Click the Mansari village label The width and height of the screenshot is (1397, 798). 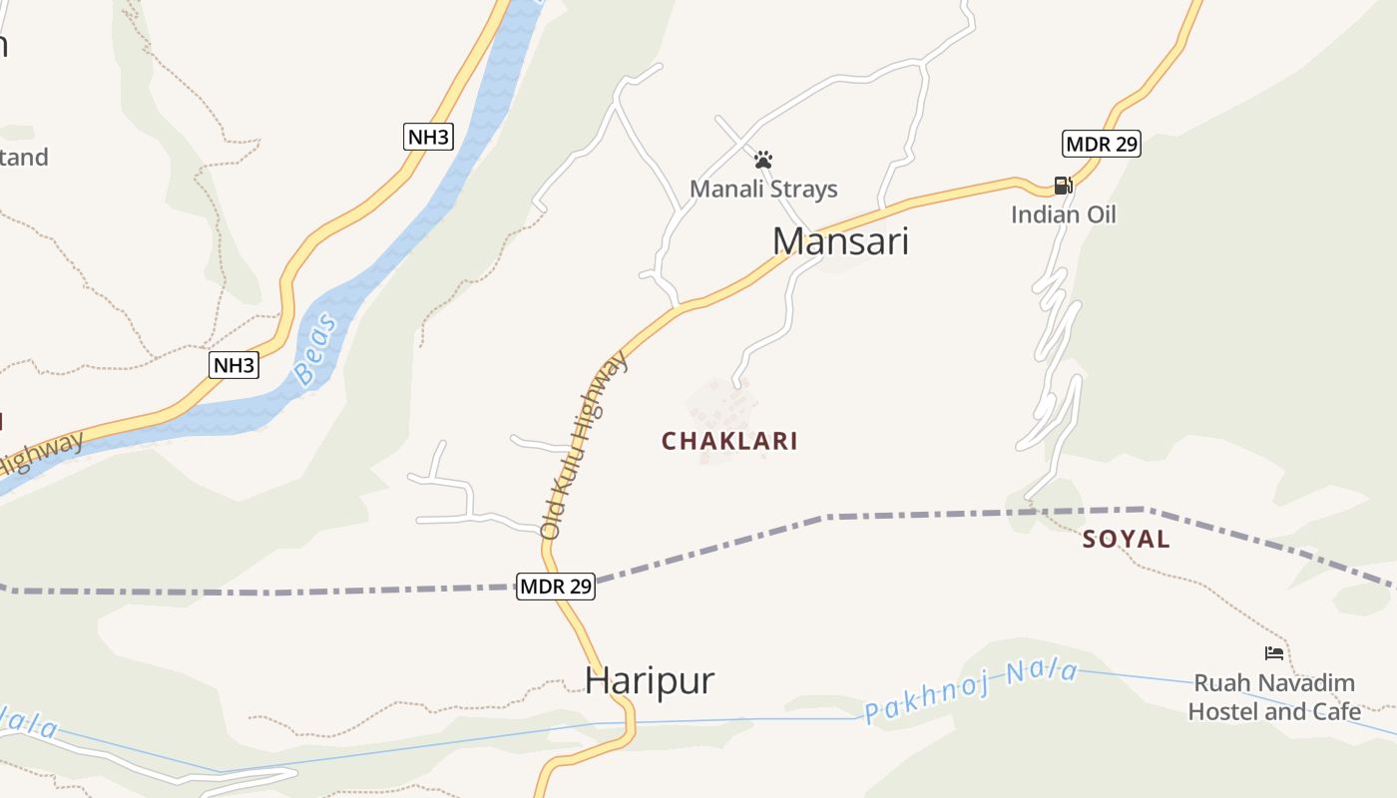[x=840, y=241]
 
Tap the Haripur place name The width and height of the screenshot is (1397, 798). [x=650, y=680]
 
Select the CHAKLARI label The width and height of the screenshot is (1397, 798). [x=729, y=441]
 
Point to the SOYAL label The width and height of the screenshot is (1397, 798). [x=1127, y=540]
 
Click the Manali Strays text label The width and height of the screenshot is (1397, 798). [x=763, y=189]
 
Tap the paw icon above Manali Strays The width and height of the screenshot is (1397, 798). [x=763, y=160]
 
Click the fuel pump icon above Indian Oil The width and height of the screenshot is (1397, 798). [x=1063, y=186]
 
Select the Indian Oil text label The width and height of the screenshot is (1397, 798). [x=1063, y=214]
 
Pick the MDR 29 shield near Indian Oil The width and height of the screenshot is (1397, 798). [x=1101, y=144]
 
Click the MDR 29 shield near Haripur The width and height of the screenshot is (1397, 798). [x=556, y=587]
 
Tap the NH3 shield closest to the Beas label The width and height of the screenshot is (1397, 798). [x=234, y=365]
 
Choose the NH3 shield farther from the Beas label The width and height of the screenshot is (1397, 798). [x=428, y=137]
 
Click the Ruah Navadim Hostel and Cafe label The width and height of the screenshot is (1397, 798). [x=1274, y=697]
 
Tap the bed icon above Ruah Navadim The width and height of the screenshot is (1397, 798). [x=1273, y=653]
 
